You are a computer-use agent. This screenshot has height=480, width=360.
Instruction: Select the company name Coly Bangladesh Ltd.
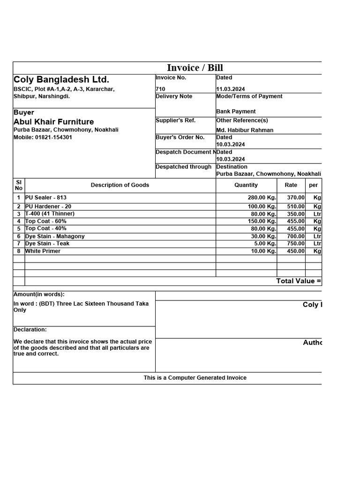pyautogui.click(x=61, y=80)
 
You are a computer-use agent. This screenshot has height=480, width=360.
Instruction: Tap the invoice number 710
pyautogui.click(x=160, y=89)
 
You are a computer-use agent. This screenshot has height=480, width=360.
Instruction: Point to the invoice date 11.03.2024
pyautogui.click(x=231, y=89)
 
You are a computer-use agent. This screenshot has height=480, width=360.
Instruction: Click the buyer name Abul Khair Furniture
pyautogui.click(x=53, y=122)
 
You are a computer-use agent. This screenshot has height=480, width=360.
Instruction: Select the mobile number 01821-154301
pyautogui.click(x=43, y=137)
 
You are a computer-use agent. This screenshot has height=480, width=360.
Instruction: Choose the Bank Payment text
pyautogui.click(x=236, y=112)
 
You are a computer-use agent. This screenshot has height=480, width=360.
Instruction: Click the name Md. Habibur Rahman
pyautogui.click(x=245, y=130)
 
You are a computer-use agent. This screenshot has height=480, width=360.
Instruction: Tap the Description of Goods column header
pyautogui.click(x=120, y=185)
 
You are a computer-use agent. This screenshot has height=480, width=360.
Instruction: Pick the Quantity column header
pyautogui.click(x=246, y=185)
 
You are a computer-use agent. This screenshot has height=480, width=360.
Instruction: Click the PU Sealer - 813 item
pyautogui.click(x=46, y=198)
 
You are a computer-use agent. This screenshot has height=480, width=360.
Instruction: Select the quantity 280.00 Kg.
pyautogui.click(x=262, y=198)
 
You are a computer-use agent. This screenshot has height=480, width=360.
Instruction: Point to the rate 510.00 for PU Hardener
pyautogui.click(x=296, y=207)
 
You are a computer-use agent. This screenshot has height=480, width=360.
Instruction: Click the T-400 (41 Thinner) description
pyautogui.click(x=50, y=214)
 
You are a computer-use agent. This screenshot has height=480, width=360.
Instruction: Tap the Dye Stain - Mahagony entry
pyautogui.click(x=55, y=236)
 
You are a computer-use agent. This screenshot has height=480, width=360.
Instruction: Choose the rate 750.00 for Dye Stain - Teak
pyautogui.click(x=296, y=244)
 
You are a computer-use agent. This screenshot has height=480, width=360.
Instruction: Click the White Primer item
pyautogui.click(x=43, y=251)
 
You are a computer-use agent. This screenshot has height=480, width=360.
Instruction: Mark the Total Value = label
pyautogui.click(x=299, y=281)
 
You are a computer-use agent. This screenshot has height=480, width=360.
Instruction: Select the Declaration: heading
pyautogui.click(x=30, y=330)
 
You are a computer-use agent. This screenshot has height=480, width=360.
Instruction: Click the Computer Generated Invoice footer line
pyautogui.click(x=195, y=378)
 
